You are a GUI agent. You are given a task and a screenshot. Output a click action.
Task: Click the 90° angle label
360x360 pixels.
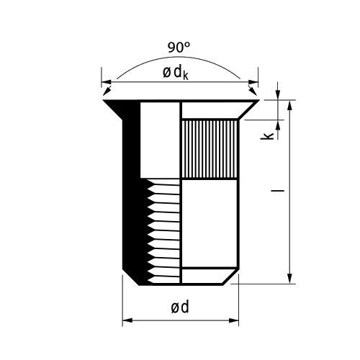(179, 48)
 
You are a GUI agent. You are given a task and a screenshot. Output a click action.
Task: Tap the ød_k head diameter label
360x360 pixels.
(176, 73)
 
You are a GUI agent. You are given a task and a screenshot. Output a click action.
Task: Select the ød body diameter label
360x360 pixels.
(180, 307)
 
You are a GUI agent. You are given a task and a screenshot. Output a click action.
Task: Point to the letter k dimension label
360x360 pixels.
(267, 135)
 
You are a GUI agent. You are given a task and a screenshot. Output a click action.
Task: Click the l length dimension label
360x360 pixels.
(277, 191)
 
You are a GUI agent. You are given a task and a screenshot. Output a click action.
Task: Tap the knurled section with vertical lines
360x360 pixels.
(210, 149)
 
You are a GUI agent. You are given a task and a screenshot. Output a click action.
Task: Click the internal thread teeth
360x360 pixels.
(163, 231)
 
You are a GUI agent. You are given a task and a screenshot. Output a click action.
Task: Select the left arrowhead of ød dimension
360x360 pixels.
(127, 320)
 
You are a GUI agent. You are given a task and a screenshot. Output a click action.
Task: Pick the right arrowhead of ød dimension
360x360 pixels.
(233, 320)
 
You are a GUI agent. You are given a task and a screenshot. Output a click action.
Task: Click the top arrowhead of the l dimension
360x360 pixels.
(290, 105)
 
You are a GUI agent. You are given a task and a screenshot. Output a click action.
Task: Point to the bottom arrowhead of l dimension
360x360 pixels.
(290, 279)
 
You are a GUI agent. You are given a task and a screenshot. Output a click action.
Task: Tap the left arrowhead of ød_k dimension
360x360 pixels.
(107, 82)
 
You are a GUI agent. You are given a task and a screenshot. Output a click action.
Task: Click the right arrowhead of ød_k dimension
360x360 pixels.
(253, 82)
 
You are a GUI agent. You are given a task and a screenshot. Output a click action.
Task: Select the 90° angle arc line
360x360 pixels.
(178, 57)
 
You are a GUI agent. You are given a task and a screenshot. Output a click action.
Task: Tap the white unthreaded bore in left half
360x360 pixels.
(160, 140)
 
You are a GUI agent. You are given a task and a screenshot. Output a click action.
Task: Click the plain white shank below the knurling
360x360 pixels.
(210, 223)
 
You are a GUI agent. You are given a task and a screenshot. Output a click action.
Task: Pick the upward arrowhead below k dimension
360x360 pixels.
(278, 125)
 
